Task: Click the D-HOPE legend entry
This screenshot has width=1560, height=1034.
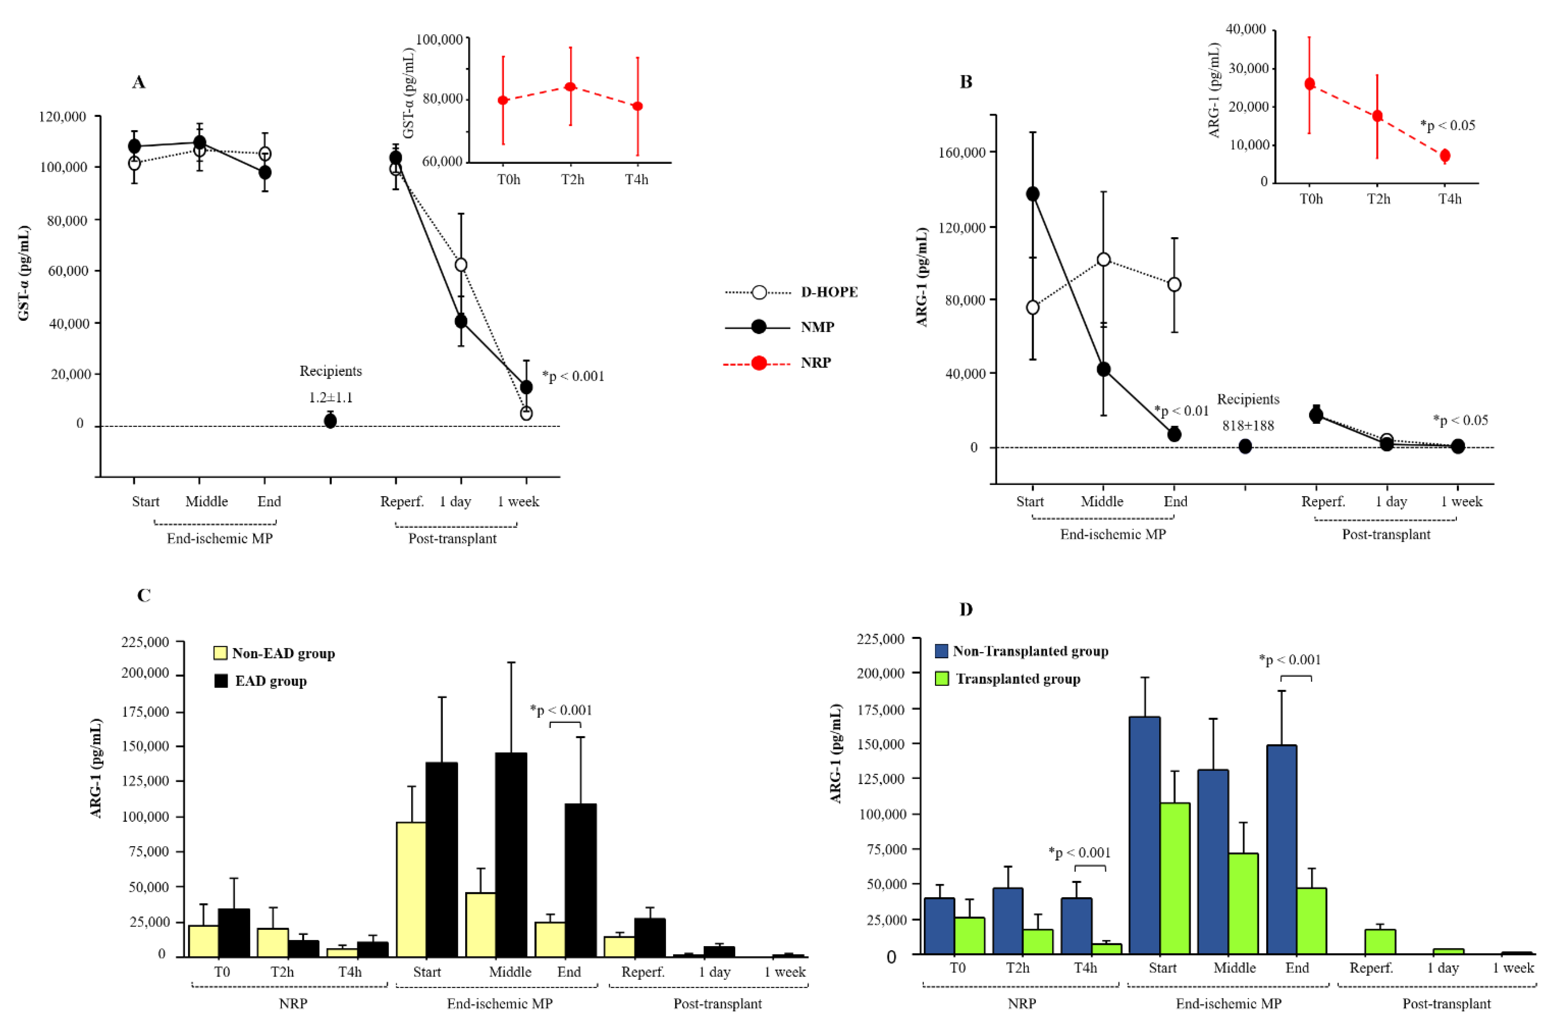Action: coord(791,292)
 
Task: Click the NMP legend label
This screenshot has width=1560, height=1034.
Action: coord(817,327)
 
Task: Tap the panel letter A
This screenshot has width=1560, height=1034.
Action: coord(139,82)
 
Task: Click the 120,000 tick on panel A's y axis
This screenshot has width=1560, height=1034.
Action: coord(63,117)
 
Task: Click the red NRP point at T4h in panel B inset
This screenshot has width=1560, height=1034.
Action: coord(1445,156)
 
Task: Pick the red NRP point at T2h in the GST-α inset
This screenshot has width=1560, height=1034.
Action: coord(570,87)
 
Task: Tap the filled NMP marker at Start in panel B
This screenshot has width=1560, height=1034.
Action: coord(1033,194)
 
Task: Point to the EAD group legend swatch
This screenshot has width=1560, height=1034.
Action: coord(221,681)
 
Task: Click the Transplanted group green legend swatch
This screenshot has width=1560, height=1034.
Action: coord(941,678)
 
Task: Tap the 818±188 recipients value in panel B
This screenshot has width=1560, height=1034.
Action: coord(1247,425)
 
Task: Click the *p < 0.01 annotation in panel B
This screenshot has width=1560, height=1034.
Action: coord(1181,411)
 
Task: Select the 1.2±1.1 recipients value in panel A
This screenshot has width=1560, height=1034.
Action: coord(330,397)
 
